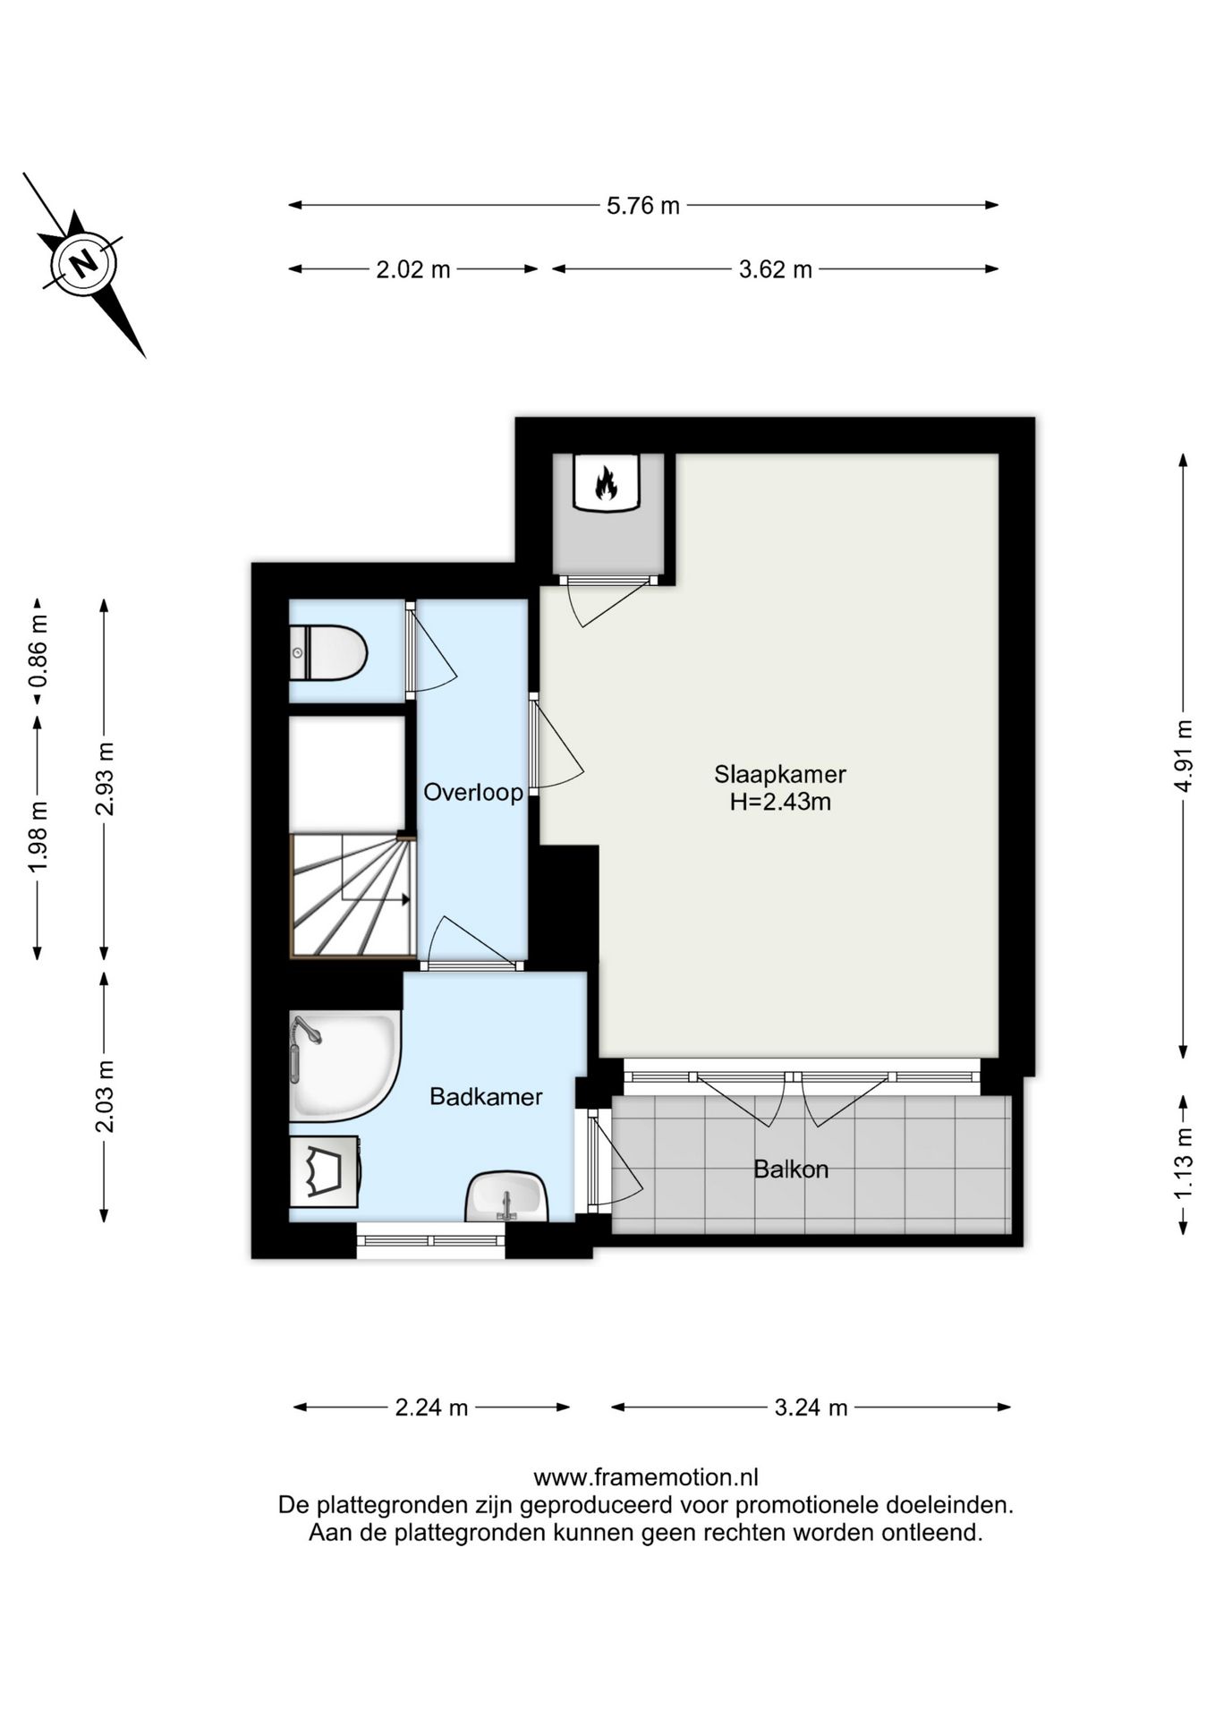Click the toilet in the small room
coord(328,653)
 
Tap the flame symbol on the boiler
coord(607,483)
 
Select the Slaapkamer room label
coord(779,774)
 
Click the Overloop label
coord(472,793)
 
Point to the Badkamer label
coord(486,1097)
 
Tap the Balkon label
coord(791,1169)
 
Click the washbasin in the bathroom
coord(506,1196)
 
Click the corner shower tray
coord(344,1066)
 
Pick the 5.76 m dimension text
coord(643,206)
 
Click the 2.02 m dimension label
coord(413,269)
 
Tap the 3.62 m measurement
coord(775,269)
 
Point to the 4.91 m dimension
coord(1184,756)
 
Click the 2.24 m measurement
coord(432,1408)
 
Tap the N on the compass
coord(84,264)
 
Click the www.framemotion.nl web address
coord(646,1477)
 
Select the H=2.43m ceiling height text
coord(780,802)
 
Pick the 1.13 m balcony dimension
coord(1184,1163)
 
